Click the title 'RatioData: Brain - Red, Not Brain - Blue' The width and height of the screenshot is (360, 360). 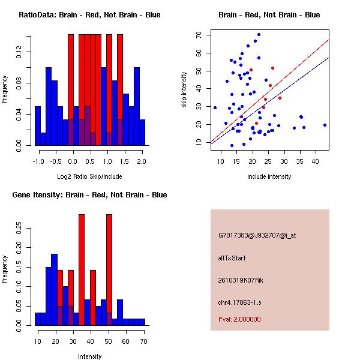click(89, 15)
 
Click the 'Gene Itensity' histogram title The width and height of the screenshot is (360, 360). click(89, 195)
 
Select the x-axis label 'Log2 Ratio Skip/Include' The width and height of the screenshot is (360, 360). click(89, 176)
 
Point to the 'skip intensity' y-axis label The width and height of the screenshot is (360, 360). click(185, 89)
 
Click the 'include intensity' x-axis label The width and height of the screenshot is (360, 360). click(269, 176)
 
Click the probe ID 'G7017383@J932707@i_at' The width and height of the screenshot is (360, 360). click(257, 235)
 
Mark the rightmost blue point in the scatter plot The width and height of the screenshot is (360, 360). click(325, 125)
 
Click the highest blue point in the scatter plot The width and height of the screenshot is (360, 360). click(259, 34)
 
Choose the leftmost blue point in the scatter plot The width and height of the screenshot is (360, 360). click(215, 107)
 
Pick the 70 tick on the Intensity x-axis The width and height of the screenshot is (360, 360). click(142, 341)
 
